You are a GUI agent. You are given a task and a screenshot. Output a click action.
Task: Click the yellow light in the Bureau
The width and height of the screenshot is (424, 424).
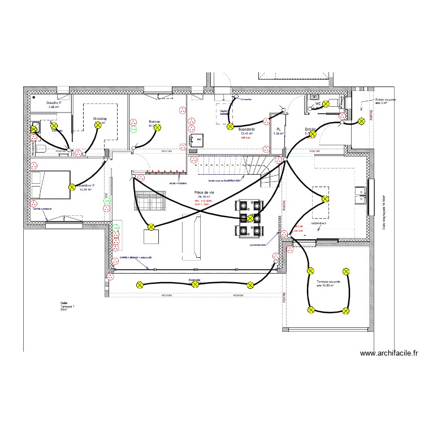pos(158,128)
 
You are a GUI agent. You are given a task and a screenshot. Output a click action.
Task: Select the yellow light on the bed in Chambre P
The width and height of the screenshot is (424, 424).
pos(72,187)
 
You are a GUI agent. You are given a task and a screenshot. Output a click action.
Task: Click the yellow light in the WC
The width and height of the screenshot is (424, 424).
pos(326,105)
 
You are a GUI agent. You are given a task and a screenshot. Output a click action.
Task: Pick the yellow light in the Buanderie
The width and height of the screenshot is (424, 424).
pos(230,127)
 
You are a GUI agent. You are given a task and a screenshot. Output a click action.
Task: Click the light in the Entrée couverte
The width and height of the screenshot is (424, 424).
pos(361,121)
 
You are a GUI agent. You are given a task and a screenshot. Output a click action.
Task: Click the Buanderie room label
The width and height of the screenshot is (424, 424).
pos(247,129)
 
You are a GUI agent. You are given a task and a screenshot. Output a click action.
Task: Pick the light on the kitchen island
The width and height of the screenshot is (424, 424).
pos(325,198)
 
